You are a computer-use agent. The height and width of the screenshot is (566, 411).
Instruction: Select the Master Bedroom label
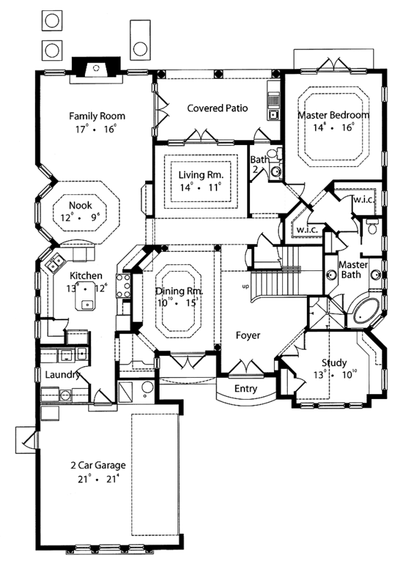click(x=333, y=115)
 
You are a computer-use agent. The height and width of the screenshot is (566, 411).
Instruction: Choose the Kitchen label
click(x=86, y=275)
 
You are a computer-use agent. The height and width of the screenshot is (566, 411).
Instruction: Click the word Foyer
click(x=247, y=336)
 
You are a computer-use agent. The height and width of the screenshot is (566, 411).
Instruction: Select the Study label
click(x=334, y=363)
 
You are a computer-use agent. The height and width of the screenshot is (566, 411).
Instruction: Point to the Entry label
click(x=245, y=389)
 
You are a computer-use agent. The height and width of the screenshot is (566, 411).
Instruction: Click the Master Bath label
click(x=354, y=270)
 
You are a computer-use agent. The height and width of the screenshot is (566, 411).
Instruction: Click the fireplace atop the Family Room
click(x=95, y=67)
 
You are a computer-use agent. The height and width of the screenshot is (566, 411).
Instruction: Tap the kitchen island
click(x=86, y=304)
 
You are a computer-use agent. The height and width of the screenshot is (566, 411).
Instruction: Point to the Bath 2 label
click(x=258, y=165)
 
